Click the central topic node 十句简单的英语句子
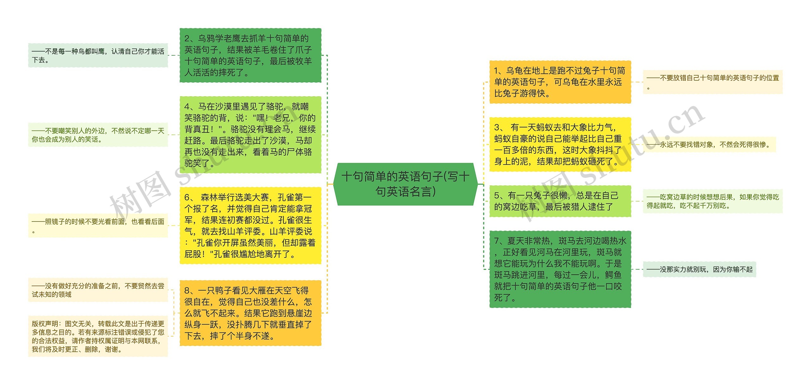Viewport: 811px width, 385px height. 405,184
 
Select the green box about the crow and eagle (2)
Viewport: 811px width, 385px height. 250,55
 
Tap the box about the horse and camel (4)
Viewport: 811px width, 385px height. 250,135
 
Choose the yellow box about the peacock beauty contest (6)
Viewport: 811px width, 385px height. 250,226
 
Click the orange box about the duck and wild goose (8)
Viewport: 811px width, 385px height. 250,313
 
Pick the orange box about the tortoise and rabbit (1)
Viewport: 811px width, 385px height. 560,82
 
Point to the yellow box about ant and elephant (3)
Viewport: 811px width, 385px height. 560,144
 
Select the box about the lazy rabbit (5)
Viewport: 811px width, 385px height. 560,201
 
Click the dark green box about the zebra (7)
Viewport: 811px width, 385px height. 560,269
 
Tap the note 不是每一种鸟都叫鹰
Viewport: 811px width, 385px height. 98,55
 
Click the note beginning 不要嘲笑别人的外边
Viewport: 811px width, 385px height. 98,135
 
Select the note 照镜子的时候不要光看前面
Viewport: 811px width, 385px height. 98,226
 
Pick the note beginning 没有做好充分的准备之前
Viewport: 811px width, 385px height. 98,290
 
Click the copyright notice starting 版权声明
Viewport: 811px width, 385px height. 98,336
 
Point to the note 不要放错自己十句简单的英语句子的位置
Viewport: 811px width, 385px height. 712,82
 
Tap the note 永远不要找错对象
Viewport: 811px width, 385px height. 710,145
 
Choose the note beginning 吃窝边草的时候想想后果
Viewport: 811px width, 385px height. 712,201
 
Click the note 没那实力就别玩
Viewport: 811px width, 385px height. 699,270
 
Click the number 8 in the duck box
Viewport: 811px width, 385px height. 187,290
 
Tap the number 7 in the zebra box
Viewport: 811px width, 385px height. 497,241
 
